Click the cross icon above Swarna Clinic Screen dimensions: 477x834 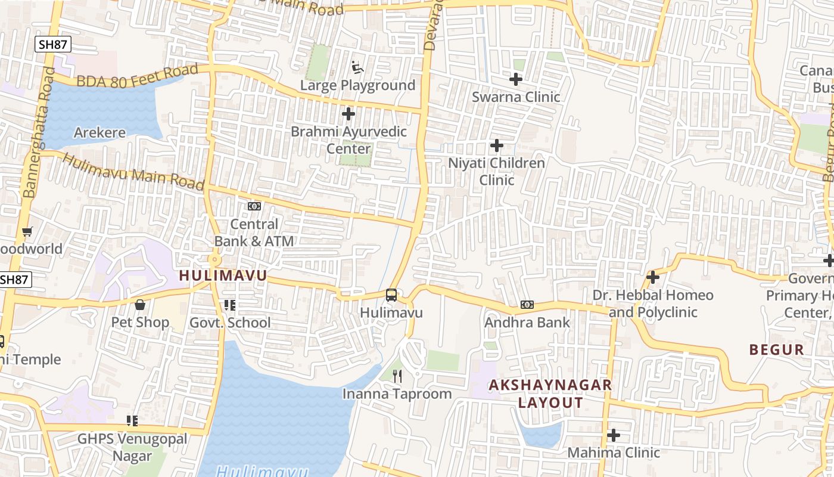pyautogui.click(x=516, y=79)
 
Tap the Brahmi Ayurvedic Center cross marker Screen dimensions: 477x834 pyautogui.click(x=348, y=113)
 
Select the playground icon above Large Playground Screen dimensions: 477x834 pyautogui.click(x=357, y=67)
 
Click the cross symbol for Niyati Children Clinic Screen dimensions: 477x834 pyautogui.click(x=496, y=145)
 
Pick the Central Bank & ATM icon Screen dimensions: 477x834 pyautogui.click(x=254, y=206)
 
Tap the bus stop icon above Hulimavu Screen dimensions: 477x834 pyautogui.click(x=391, y=295)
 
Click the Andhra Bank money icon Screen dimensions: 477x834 pyautogui.click(x=527, y=305)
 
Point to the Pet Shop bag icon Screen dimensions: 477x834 pyautogui.click(x=140, y=305)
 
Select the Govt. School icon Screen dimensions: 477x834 pyautogui.click(x=230, y=305)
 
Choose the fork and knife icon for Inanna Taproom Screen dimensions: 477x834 pyautogui.click(x=398, y=376)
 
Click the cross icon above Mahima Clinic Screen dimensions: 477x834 pyautogui.click(x=614, y=435)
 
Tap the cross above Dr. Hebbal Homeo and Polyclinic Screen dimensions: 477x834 pyautogui.click(x=653, y=277)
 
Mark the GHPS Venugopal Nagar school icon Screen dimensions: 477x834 pyautogui.click(x=132, y=421)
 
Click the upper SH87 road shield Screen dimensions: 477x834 pyautogui.click(x=53, y=44)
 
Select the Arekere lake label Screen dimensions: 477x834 pyautogui.click(x=99, y=132)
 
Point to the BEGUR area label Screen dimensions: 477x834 pyautogui.click(x=777, y=349)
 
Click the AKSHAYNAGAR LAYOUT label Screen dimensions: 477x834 pyautogui.click(x=550, y=394)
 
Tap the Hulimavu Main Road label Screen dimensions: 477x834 pyautogui.click(x=133, y=172)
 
